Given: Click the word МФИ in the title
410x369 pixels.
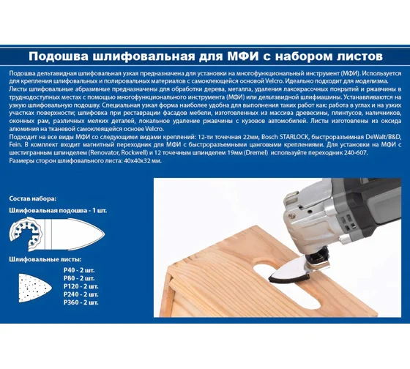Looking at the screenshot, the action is (242, 56).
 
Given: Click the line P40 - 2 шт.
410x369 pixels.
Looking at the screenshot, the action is (79, 270).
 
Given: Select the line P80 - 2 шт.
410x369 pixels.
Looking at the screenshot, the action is (79, 278).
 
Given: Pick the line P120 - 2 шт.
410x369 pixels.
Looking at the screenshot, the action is (81, 286).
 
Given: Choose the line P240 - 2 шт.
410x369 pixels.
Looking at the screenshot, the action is (81, 294).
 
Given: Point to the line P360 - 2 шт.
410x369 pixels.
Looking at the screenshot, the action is (81, 302).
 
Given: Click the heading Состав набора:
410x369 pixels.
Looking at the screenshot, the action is (33, 198).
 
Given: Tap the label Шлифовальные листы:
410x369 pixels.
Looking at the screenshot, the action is (45, 259).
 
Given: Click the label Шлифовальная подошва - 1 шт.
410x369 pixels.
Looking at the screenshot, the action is (58, 211).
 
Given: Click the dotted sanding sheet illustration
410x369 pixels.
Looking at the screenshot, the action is (35, 288).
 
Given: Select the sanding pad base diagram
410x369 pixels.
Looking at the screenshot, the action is (57, 234).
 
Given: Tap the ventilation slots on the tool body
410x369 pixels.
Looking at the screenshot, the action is (348, 223).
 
